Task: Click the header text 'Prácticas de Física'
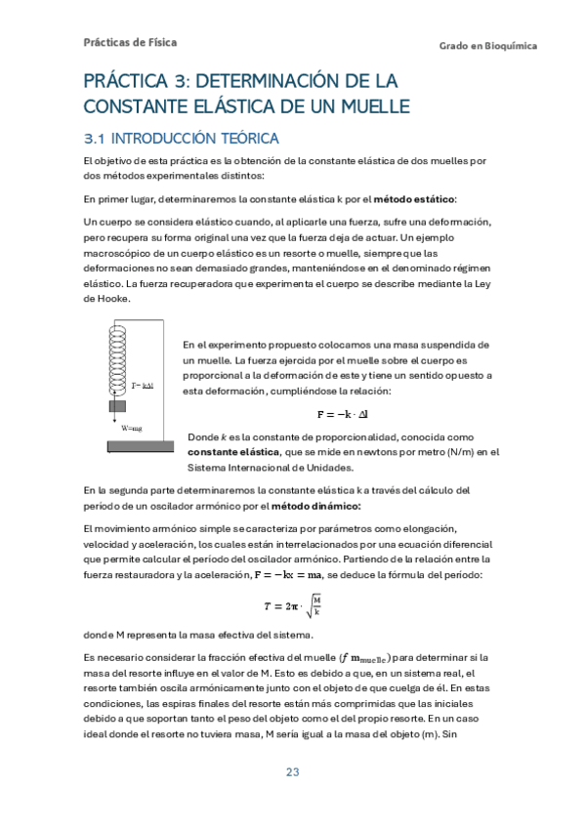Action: [x=130, y=43]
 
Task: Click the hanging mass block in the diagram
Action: [x=117, y=405]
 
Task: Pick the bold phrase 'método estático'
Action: [x=414, y=199]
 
